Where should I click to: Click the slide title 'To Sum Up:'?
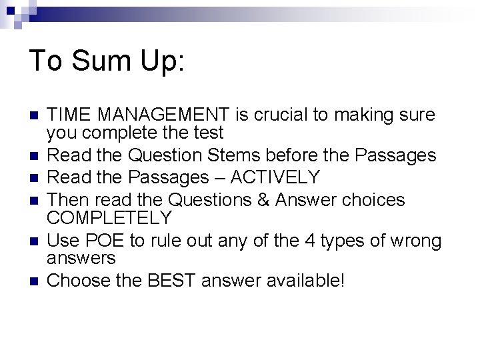coord(107,61)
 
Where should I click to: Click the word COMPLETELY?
coord(110,218)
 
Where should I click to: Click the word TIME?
coord(69,115)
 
